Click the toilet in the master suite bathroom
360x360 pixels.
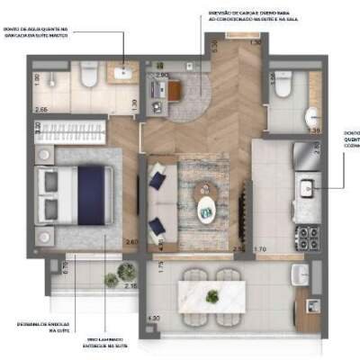click(88, 78)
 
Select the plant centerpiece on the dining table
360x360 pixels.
click(212, 295)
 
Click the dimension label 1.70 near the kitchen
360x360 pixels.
click(261, 248)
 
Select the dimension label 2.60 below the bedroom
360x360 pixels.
click(131, 241)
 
